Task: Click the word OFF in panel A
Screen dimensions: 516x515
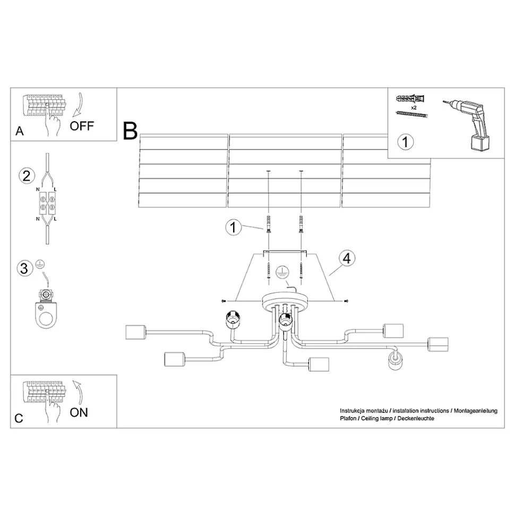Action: click(82, 126)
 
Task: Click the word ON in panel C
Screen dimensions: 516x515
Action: click(79, 412)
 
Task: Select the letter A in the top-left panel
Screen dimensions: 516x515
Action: click(20, 132)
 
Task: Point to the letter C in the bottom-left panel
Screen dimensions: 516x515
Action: click(19, 418)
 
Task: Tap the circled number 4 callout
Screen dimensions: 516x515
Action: click(347, 259)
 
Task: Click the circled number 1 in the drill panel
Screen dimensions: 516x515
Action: click(405, 142)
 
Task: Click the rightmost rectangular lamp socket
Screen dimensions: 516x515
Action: click(438, 345)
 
